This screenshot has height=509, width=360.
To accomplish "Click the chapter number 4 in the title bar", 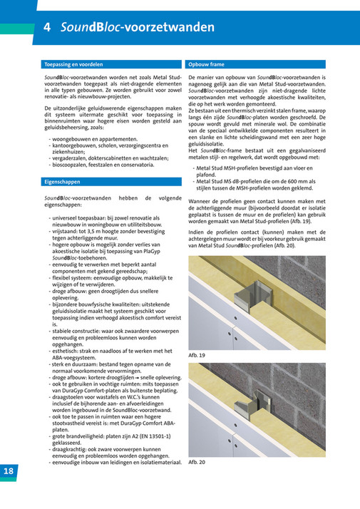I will pyautogui.click(x=46, y=28).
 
